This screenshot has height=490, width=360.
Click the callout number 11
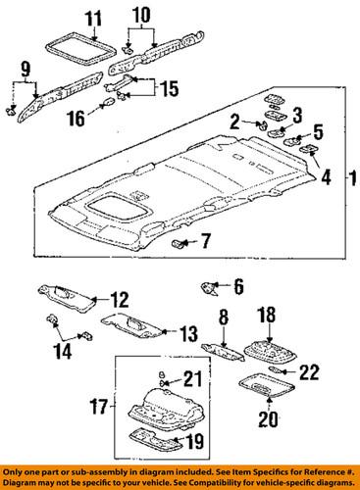tap(91, 18)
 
